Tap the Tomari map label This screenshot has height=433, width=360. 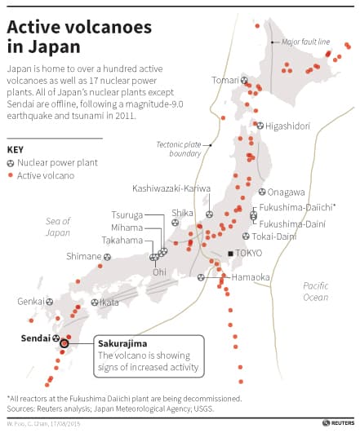pos(225,80)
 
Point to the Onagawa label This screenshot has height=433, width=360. pos(286,192)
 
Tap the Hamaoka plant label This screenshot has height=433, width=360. pos(251,277)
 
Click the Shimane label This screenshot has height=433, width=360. pos(83,256)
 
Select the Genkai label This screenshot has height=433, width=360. pos(31,301)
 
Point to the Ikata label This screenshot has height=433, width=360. pos(110,302)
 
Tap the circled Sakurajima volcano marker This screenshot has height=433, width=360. pos(64,344)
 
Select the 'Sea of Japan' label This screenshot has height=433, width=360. pos(58,227)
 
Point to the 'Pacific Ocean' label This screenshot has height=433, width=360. pos(315,291)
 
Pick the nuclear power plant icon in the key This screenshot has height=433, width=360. pos(11,162)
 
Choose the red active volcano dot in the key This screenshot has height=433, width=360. pos(11,175)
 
